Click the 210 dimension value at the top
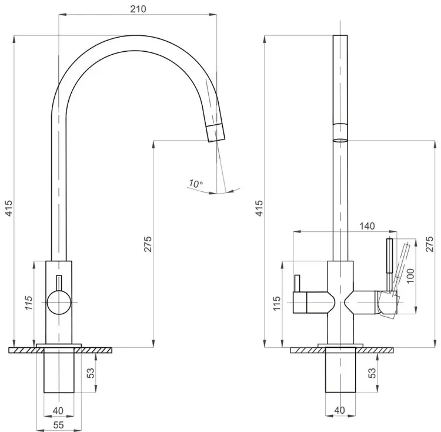(x=138, y=9)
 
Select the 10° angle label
(x=196, y=184)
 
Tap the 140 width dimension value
(x=367, y=226)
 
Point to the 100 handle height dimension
(x=410, y=276)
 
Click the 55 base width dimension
(x=58, y=425)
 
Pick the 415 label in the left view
(x=9, y=208)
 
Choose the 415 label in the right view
(x=259, y=208)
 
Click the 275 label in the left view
(x=148, y=244)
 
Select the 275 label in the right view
(x=429, y=244)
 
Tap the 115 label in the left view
(x=29, y=303)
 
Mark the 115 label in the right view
(x=277, y=303)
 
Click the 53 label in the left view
(x=91, y=373)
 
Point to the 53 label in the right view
(x=372, y=373)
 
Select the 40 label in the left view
(x=58, y=411)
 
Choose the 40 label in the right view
(x=339, y=410)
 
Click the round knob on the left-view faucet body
(x=58, y=303)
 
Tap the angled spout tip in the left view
(x=216, y=132)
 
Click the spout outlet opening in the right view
(x=340, y=140)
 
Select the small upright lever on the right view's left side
(x=297, y=284)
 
